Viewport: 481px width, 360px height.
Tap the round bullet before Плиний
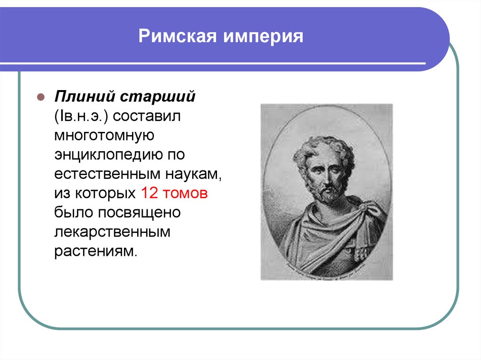pyautogui.click(x=41, y=97)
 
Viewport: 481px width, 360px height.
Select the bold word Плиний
pyautogui.click(x=85, y=96)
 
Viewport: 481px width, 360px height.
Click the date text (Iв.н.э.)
pyautogui.click(x=81, y=116)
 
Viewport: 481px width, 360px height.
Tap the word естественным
pyautogui.click(x=108, y=174)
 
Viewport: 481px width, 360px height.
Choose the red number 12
pyautogui.click(x=149, y=193)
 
